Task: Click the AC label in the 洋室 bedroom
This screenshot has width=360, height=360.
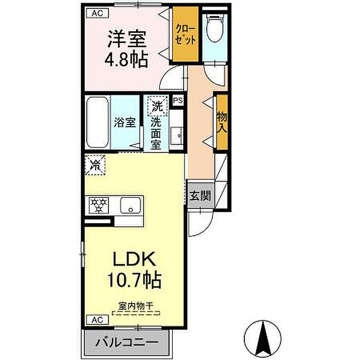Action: [97, 13]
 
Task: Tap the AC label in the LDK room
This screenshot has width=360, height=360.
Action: [97, 319]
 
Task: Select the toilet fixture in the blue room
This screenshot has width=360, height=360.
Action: [215, 28]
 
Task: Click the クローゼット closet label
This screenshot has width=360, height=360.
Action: [186, 34]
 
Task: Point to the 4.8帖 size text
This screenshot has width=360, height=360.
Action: [126, 60]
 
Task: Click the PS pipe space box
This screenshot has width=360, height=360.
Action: [178, 100]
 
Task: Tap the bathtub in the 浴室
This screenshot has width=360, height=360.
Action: [97, 122]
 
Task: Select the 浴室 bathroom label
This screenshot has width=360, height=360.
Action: [125, 122]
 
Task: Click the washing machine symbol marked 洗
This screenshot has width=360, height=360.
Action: [157, 106]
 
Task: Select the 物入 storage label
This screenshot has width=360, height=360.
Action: [222, 122]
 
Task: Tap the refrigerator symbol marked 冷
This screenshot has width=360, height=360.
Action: [95, 165]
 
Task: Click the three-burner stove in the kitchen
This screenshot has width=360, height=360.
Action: [99, 205]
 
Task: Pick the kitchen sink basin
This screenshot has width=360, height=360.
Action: [131, 205]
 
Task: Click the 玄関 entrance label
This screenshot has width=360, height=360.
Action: [200, 196]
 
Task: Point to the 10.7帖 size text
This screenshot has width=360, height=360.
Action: [135, 280]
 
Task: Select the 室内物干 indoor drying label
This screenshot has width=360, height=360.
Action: [136, 306]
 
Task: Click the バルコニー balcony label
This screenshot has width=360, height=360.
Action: [127, 343]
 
